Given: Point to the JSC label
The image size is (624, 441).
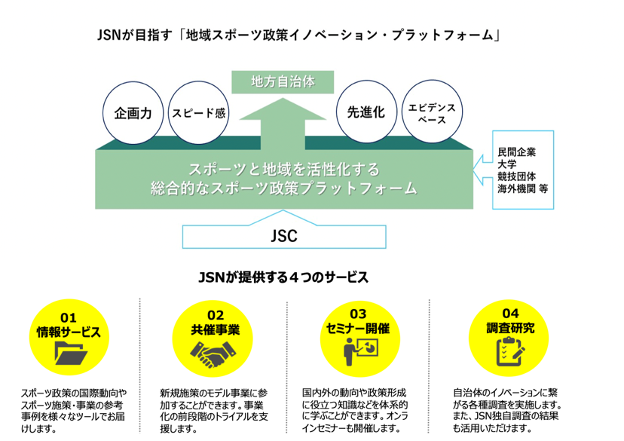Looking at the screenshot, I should coord(284,236).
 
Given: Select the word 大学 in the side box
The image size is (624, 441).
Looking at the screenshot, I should coord(507,164).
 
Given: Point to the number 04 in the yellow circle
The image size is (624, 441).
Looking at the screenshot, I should coord(510,314).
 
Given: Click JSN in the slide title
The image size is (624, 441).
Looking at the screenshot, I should coord(112,35).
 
